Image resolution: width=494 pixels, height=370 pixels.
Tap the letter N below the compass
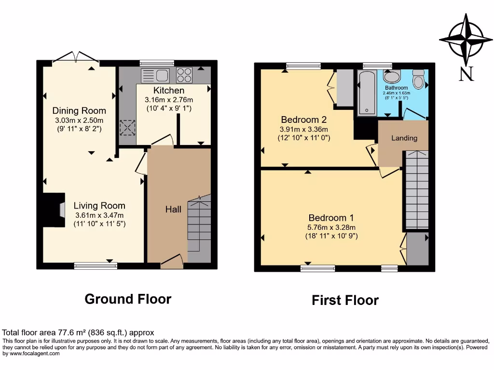click(466, 74)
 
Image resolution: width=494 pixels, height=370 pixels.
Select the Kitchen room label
click(169, 91)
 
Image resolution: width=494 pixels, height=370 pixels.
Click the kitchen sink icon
click(155, 75)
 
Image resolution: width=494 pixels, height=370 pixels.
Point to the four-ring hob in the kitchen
click(184, 75)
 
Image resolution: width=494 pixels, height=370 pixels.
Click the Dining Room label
click(79, 111)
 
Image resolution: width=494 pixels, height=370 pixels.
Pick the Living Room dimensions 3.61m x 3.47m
click(99, 215)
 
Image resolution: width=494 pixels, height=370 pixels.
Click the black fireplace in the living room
click(54, 210)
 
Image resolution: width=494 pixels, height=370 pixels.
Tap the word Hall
click(174, 209)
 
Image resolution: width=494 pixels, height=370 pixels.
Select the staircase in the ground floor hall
click(199, 226)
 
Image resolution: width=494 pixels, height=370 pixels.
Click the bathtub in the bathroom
click(368, 92)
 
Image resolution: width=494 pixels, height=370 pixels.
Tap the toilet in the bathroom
click(418, 79)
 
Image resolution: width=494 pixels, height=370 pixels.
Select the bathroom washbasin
click(392, 77)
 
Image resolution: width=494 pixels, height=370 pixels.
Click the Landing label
click(404, 138)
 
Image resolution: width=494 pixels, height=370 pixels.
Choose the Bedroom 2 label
click(301, 120)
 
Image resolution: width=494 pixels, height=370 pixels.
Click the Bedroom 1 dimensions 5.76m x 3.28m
click(332, 227)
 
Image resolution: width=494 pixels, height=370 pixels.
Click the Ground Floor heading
click(128, 299)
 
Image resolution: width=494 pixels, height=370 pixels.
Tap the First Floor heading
click(345, 301)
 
